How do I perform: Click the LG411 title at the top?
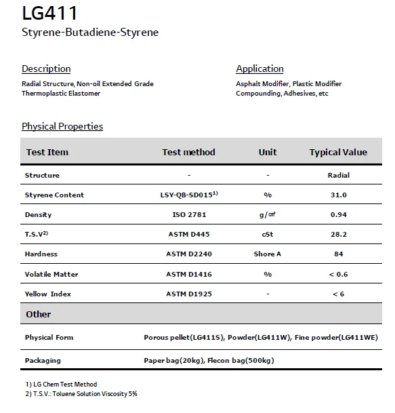click(49, 13)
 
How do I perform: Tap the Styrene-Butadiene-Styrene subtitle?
click(90, 33)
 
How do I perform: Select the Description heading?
click(46, 68)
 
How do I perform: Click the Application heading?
click(259, 68)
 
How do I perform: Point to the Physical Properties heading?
click(62, 126)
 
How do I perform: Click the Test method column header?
click(188, 152)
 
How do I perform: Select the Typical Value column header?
click(338, 152)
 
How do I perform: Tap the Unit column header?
click(268, 152)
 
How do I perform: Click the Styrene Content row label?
click(54, 195)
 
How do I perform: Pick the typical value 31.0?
click(338, 195)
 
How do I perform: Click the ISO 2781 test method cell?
click(189, 214)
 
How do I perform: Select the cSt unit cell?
click(268, 234)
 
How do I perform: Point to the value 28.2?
click(338, 234)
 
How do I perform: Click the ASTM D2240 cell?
click(189, 254)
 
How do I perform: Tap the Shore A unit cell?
click(268, 254)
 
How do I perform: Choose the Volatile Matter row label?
click(51, 274)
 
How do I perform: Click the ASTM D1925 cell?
click(189, 294)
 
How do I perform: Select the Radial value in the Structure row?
click(338, 175)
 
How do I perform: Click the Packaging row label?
click(43, 360)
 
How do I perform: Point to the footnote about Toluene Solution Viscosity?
click(81, 393)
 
